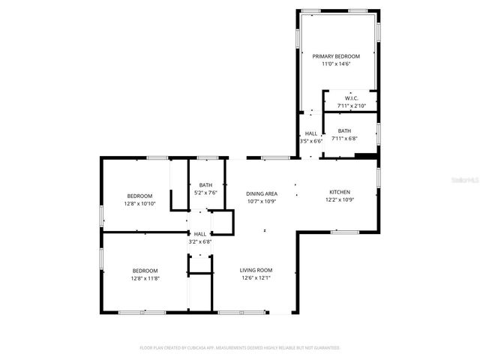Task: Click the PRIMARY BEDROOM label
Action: (x=336, y=56)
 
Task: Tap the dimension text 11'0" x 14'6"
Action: (x=336, y=64)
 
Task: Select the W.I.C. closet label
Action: (x=351, y=98)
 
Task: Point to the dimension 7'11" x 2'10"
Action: (x=351, y=106)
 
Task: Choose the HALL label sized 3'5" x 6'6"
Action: (x=310, y=133)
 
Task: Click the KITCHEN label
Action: (x=339, y=192)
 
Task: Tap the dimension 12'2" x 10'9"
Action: (x=339, y=200)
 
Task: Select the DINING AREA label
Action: (x=262, y=193)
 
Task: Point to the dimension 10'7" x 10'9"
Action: (x=262, y=201)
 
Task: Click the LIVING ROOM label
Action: (x=256, y=270)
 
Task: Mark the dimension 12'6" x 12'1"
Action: (x=256, y=278)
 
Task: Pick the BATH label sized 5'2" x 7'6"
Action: (x=205, y=185)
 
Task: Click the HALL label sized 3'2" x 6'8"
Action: (x=200, y=234)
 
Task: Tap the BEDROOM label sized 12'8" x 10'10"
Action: (x=139, y=196)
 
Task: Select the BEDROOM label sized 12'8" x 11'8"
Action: (x=145, y=271)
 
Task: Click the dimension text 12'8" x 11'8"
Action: (x=145, y=278)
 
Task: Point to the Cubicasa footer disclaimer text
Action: (x=240, y=348)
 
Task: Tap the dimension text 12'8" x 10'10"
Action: (x=139, y=203)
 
